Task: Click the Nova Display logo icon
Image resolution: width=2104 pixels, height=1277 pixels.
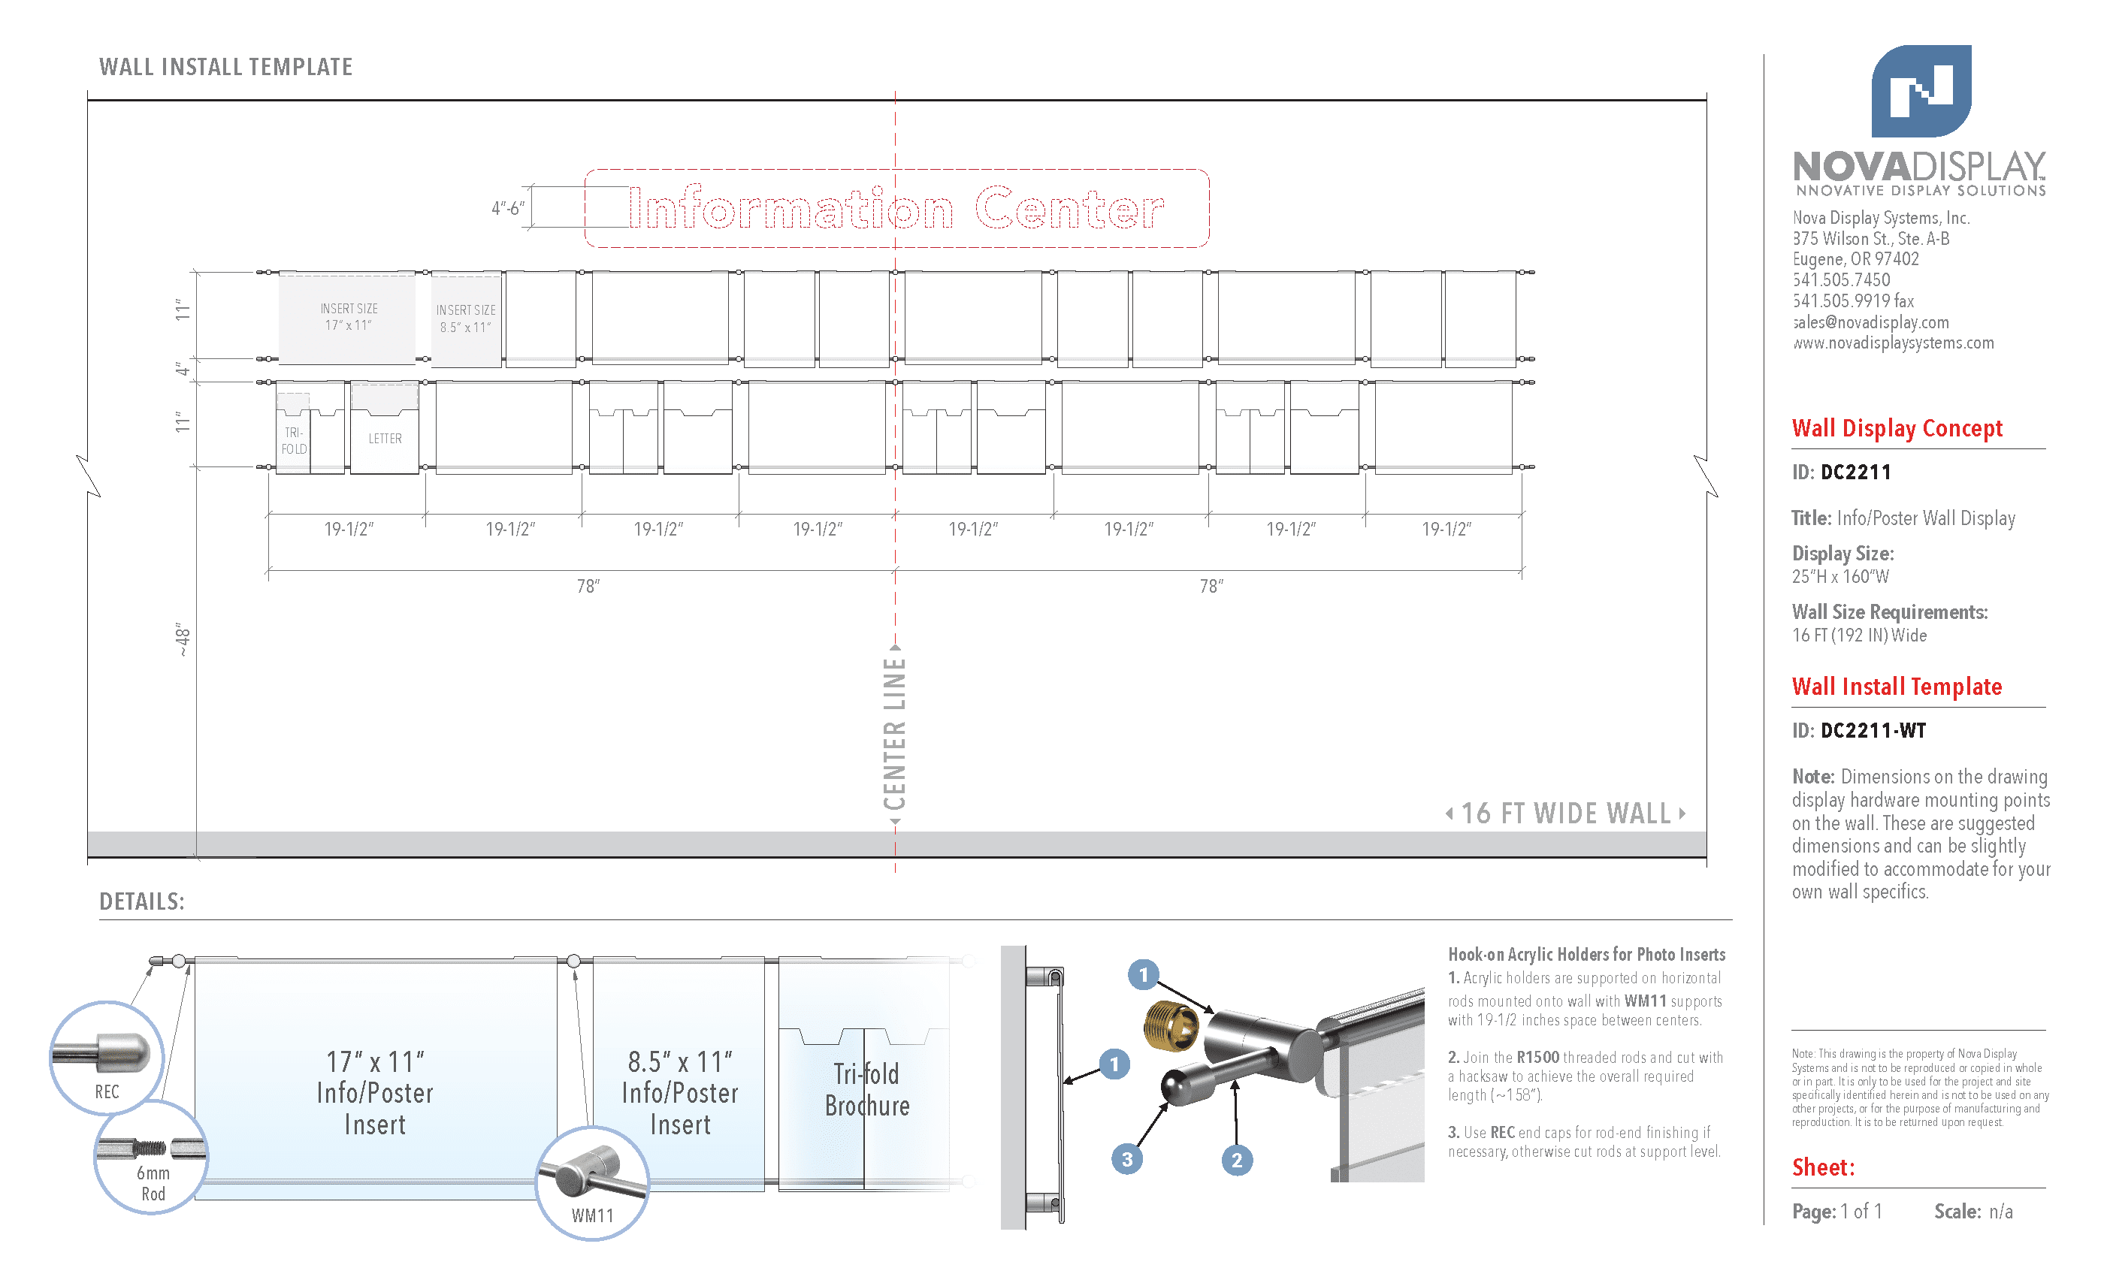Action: coord(1921,92)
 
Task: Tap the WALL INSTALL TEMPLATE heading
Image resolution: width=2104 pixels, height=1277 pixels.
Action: coord(225,67)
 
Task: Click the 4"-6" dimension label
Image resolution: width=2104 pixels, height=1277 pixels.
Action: coord(507,208)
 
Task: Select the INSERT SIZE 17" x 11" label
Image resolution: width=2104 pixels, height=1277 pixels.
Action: coord(349,317)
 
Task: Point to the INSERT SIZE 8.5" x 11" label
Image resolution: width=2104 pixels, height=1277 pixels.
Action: coord(465,318)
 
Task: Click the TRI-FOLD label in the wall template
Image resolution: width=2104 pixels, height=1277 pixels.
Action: coord(294,440)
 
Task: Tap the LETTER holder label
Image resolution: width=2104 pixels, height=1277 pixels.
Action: coord(385,439)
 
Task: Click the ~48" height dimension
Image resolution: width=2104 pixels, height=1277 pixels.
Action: coord(182,640)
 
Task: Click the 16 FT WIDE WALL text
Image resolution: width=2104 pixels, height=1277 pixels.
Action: coord(1565,814)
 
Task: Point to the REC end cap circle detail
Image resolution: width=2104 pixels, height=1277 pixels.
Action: coord(107,1058)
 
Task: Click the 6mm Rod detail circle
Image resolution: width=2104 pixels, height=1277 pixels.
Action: coord(151,1158)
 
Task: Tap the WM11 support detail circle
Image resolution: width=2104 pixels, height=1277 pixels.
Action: coord(592,1183)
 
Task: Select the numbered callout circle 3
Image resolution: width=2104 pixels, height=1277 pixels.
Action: coord(1127,1159)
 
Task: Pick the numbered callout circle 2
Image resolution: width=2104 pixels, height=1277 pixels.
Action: coord(1236,1160)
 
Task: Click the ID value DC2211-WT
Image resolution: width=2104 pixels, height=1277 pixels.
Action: coord(1873,731)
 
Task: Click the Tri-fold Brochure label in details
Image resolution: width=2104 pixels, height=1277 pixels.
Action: coord(866,1090)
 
